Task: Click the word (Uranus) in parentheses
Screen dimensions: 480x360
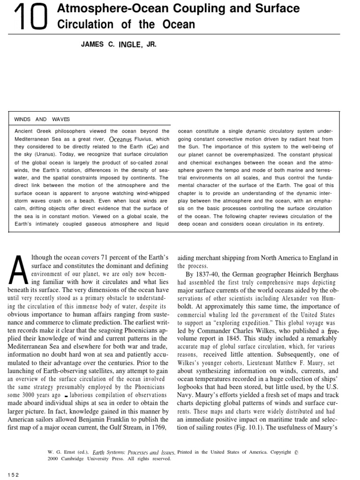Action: (x=41, y=154)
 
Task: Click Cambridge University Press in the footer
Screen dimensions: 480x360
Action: (x=85, y=459)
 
